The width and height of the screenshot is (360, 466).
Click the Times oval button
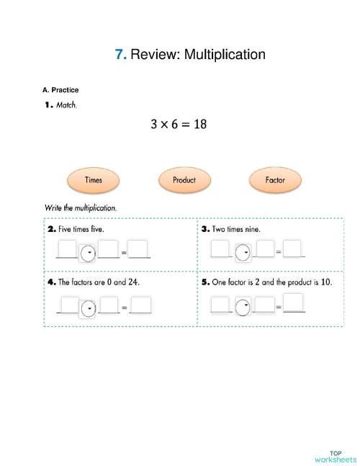[94, 180]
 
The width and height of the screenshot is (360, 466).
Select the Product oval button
[184, 180]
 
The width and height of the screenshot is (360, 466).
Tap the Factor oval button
[275, 180]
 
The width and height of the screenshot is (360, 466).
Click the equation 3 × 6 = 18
[179, 124]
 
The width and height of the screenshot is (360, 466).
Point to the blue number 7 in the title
[120, 54]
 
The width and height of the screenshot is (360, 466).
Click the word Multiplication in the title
[225, 54]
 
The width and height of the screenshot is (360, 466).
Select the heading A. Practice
[60, 90]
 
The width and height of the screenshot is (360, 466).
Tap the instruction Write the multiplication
[81, 208]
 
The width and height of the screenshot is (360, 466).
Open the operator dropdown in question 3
[243, 252]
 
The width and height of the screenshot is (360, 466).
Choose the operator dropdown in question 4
[88, 308]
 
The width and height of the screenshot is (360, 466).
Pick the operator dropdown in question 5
[243, 305]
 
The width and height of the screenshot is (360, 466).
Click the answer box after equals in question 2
[139, 249]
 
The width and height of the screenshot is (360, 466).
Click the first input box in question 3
[220, 249]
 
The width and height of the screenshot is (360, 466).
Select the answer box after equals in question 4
[140, 305]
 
